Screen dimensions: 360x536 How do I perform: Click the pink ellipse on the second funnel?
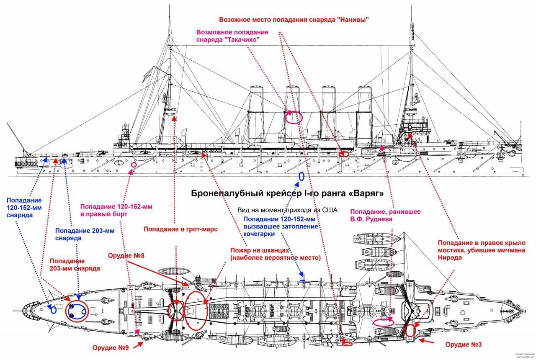coord(293,117)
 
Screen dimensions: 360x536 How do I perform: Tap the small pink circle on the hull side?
coord(134,165)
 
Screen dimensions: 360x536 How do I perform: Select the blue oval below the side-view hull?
coord(301,176)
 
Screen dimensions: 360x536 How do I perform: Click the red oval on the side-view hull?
coord(344,154)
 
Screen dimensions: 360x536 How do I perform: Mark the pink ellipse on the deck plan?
coord(383,322)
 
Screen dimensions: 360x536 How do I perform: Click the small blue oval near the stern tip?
coord(54,310)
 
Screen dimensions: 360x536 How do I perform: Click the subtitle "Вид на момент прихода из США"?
coord(287,210)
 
